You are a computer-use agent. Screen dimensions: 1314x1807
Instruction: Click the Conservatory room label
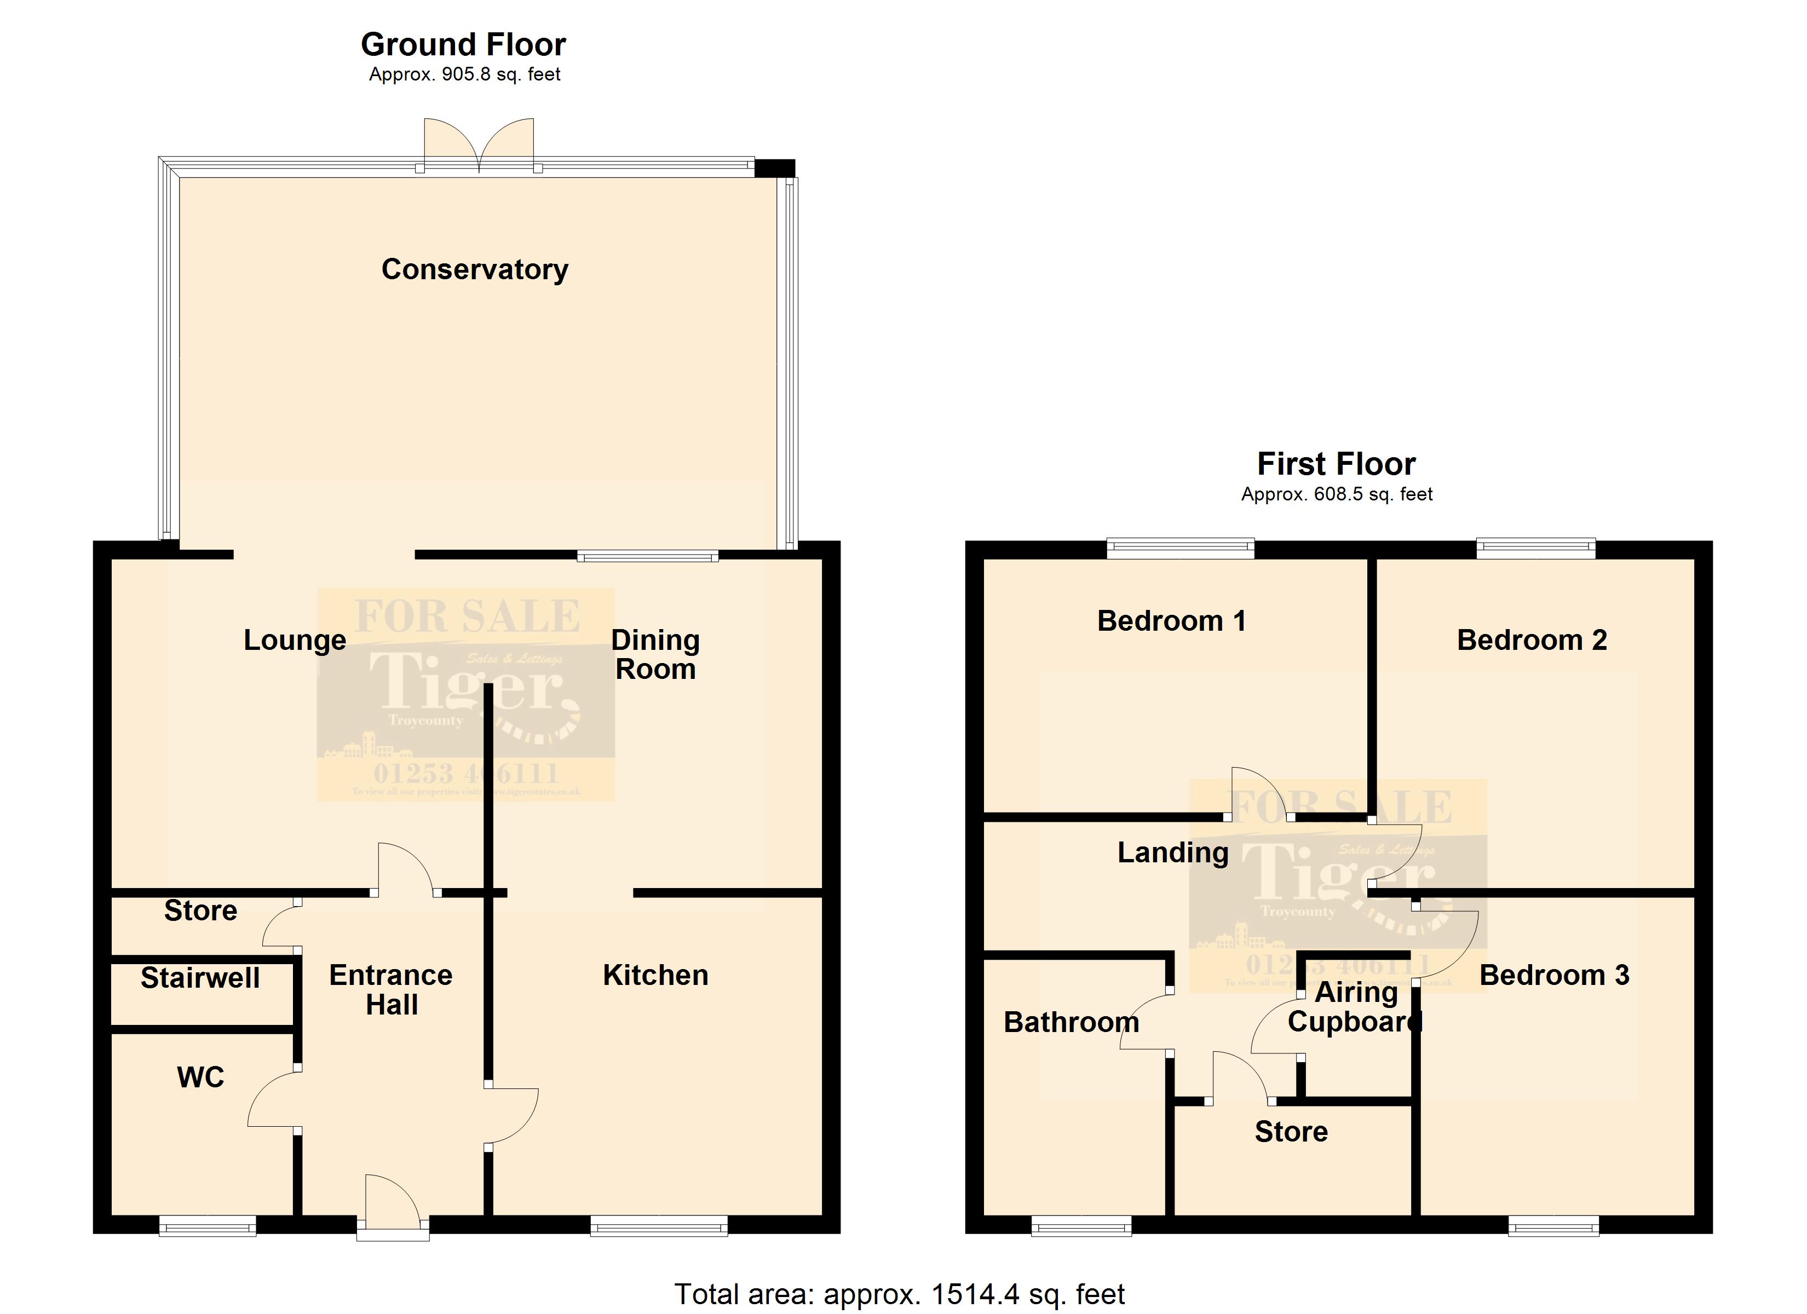[475, 269]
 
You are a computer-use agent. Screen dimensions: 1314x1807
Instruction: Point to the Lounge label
[295, 640]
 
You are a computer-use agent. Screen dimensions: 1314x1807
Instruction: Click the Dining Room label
[655, 654]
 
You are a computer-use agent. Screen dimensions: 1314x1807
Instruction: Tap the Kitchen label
[655, 975]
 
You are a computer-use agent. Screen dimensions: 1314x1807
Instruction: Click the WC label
[200, 1077]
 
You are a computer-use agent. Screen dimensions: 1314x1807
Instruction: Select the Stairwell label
[200, 978]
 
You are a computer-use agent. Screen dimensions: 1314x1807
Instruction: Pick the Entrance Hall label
[391, 990]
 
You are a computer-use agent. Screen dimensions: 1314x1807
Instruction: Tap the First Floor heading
[1336, 464]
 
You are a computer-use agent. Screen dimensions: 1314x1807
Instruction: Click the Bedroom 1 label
[1171, 621]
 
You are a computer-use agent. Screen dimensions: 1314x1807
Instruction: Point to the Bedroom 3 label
[1555, 975]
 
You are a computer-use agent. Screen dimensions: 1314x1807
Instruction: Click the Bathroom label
[1071, 1022]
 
